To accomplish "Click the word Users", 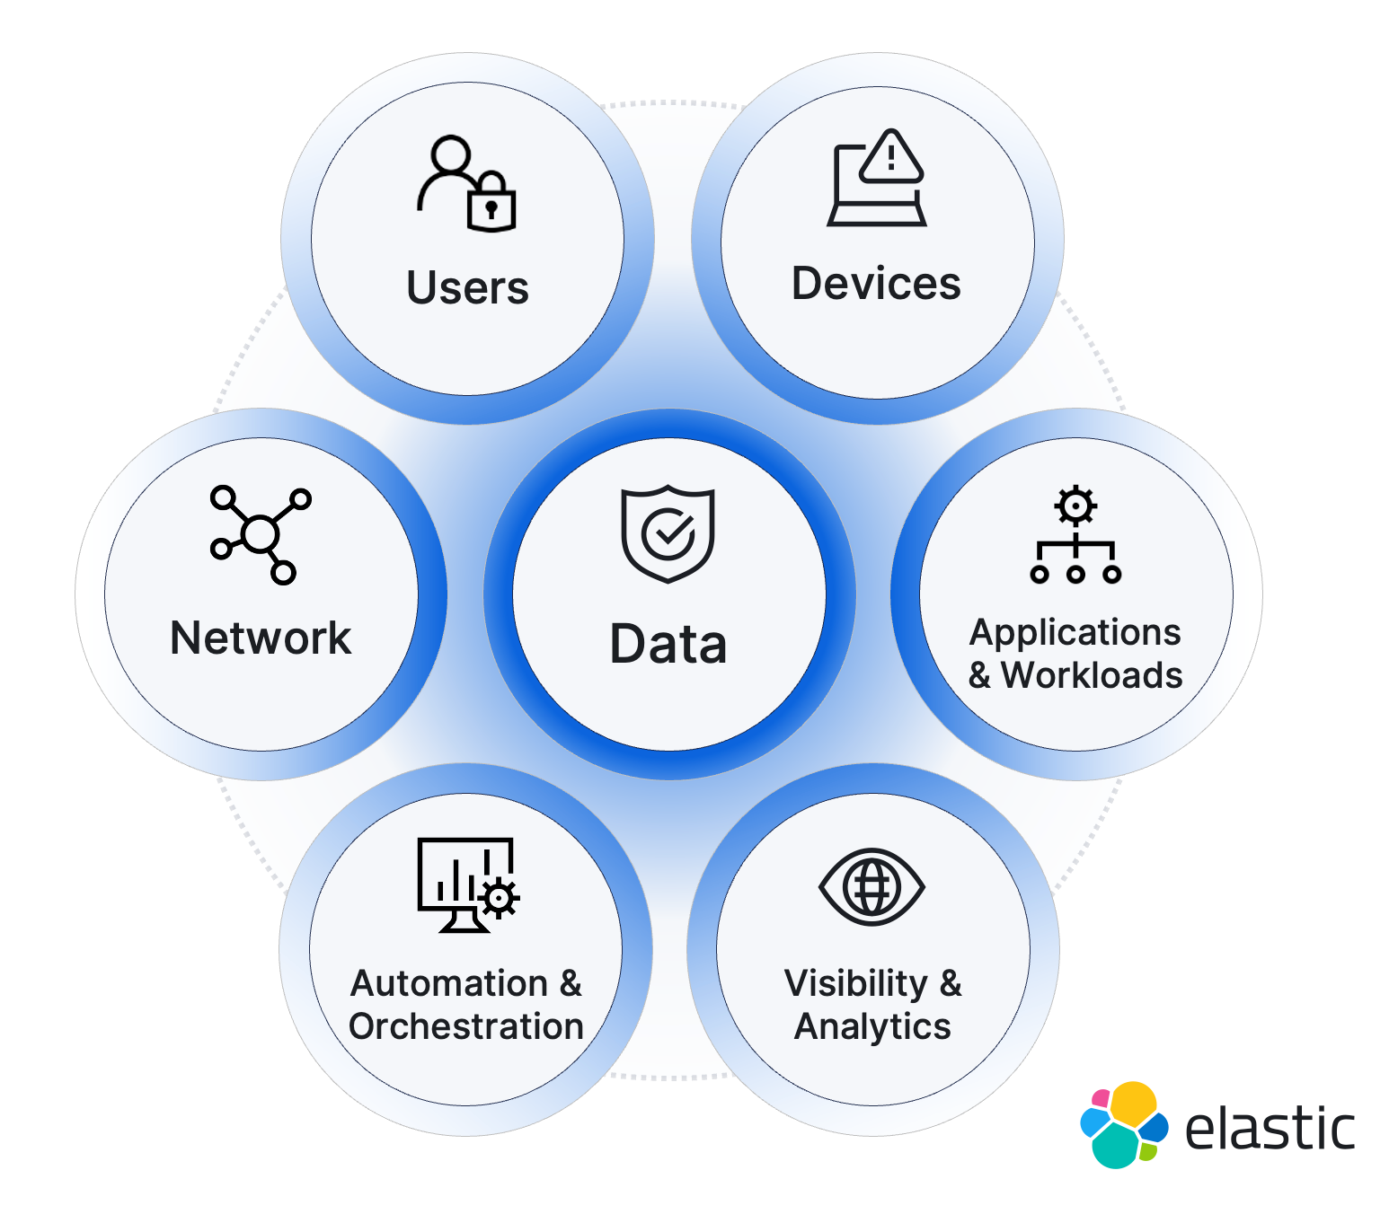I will (467, 288).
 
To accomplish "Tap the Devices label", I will (876, 284).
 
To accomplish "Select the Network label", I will (261, 638).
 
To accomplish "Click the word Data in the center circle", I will (668, 644).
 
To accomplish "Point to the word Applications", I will (1075, 633).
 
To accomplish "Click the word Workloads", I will (1092, 675).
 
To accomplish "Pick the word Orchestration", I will (466, 1026).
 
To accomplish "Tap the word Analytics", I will (872, 1026).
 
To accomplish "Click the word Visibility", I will (855, 984).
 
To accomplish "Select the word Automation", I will (449, 984).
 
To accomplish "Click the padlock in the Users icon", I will (491, 205).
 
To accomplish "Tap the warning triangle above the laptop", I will (891, 157).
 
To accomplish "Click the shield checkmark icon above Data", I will (668, 533).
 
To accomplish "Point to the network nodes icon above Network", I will (260, 534).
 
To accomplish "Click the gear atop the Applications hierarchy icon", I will (1075, 506).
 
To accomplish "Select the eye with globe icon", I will (872, 887).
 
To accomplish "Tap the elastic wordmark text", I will (1270, 1129).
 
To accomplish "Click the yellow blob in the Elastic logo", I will (1134, 1102).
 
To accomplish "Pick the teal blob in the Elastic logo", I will (1116, 1146).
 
